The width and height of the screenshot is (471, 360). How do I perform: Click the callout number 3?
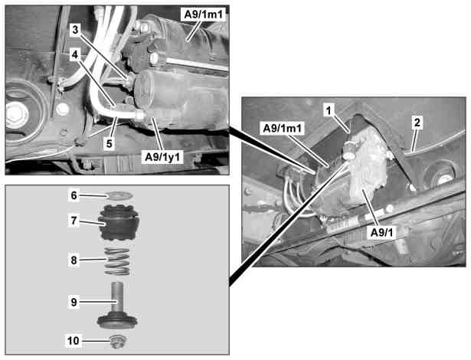[x=75, y=30]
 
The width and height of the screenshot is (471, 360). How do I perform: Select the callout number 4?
[x=75, y=54]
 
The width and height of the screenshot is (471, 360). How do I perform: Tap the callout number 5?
[x=109, y=143]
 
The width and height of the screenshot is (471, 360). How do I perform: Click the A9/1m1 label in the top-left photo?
[x=204, y=14]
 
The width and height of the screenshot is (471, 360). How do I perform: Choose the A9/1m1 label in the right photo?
[x=283, y=129]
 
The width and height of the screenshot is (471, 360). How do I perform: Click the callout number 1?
[x=329, y=110]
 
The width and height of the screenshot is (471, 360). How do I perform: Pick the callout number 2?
[x=417, y=122]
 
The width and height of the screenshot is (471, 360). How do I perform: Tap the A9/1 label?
[x=382, y=233]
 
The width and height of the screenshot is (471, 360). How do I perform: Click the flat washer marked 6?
[x=119, y=195]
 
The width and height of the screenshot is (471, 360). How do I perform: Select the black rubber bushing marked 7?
[x=119, y=223]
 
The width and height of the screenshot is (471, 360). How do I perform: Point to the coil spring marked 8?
[x=117, y=261]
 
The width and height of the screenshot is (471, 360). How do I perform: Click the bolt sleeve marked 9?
[x=117, y=306]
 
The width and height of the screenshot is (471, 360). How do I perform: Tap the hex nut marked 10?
[x=117, y=342]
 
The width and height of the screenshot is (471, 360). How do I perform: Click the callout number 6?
[x=74, y=195]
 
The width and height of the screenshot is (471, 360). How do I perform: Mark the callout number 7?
[x=74, y=221]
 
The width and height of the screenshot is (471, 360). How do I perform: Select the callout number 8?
[x=74, y=260]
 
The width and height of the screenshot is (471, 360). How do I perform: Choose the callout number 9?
[x=74, y=302]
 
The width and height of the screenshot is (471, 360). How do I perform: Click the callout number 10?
[x=74, y=340]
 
